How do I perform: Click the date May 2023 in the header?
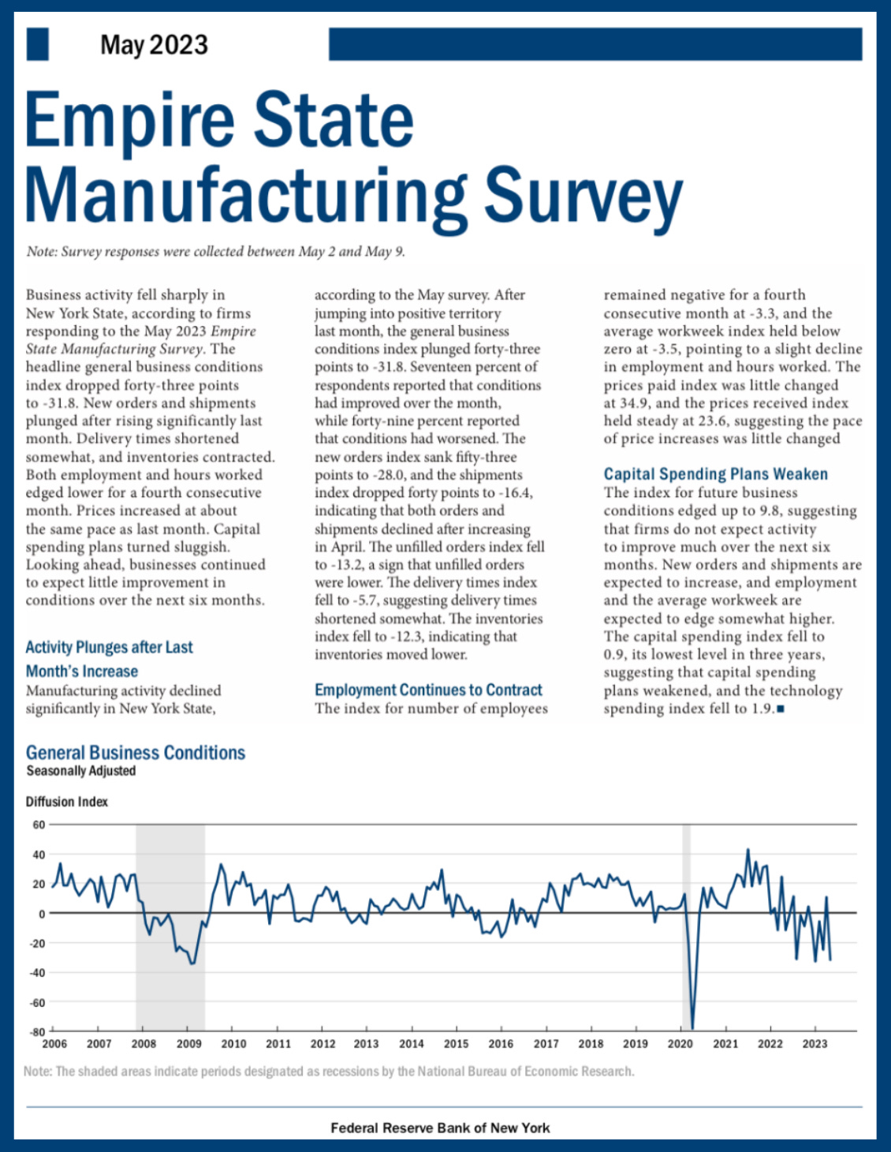[x=154, y=45]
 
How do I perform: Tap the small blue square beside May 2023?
[x=38, y=44]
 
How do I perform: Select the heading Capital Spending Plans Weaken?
[x=715, y=474]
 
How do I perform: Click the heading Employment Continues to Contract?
[x=428, y=690]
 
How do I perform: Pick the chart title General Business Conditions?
[x=136, y=753]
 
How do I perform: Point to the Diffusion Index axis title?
[x=67, y=802]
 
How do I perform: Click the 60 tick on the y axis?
[x=39, y=825]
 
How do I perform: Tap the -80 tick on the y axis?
[x=37, y=1031]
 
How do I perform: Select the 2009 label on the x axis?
[x=188, y=1044]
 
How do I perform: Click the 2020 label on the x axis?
[x=680, y=1044]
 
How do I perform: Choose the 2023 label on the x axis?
[x=815, y=1044]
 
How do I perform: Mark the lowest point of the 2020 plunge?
[x=692, y=1028]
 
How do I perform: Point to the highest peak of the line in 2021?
[x=747, y=850]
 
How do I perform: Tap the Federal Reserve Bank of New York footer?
[x=440, y=1128]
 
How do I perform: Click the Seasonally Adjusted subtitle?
[x=81, y=771]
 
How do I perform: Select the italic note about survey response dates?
[x=215, y=252]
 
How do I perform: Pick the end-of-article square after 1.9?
[x=781, y=709]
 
